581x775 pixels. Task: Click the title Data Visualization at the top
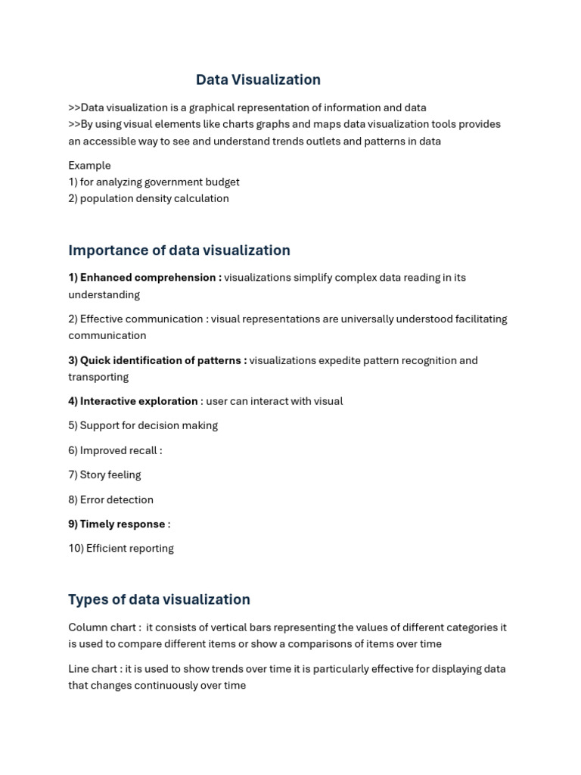[x=258, y=80]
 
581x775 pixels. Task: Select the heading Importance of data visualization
[x=179, y=251]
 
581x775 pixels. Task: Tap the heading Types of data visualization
[x=159, y=599]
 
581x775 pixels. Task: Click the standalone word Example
[x=89, y=166]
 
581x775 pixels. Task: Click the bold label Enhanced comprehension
[x=148, y=278]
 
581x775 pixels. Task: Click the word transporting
[x=98, y=377]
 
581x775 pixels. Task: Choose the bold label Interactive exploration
[x=138, y=401]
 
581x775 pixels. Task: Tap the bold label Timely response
[x=122, y=524]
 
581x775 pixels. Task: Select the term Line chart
[x=94, y=669]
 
